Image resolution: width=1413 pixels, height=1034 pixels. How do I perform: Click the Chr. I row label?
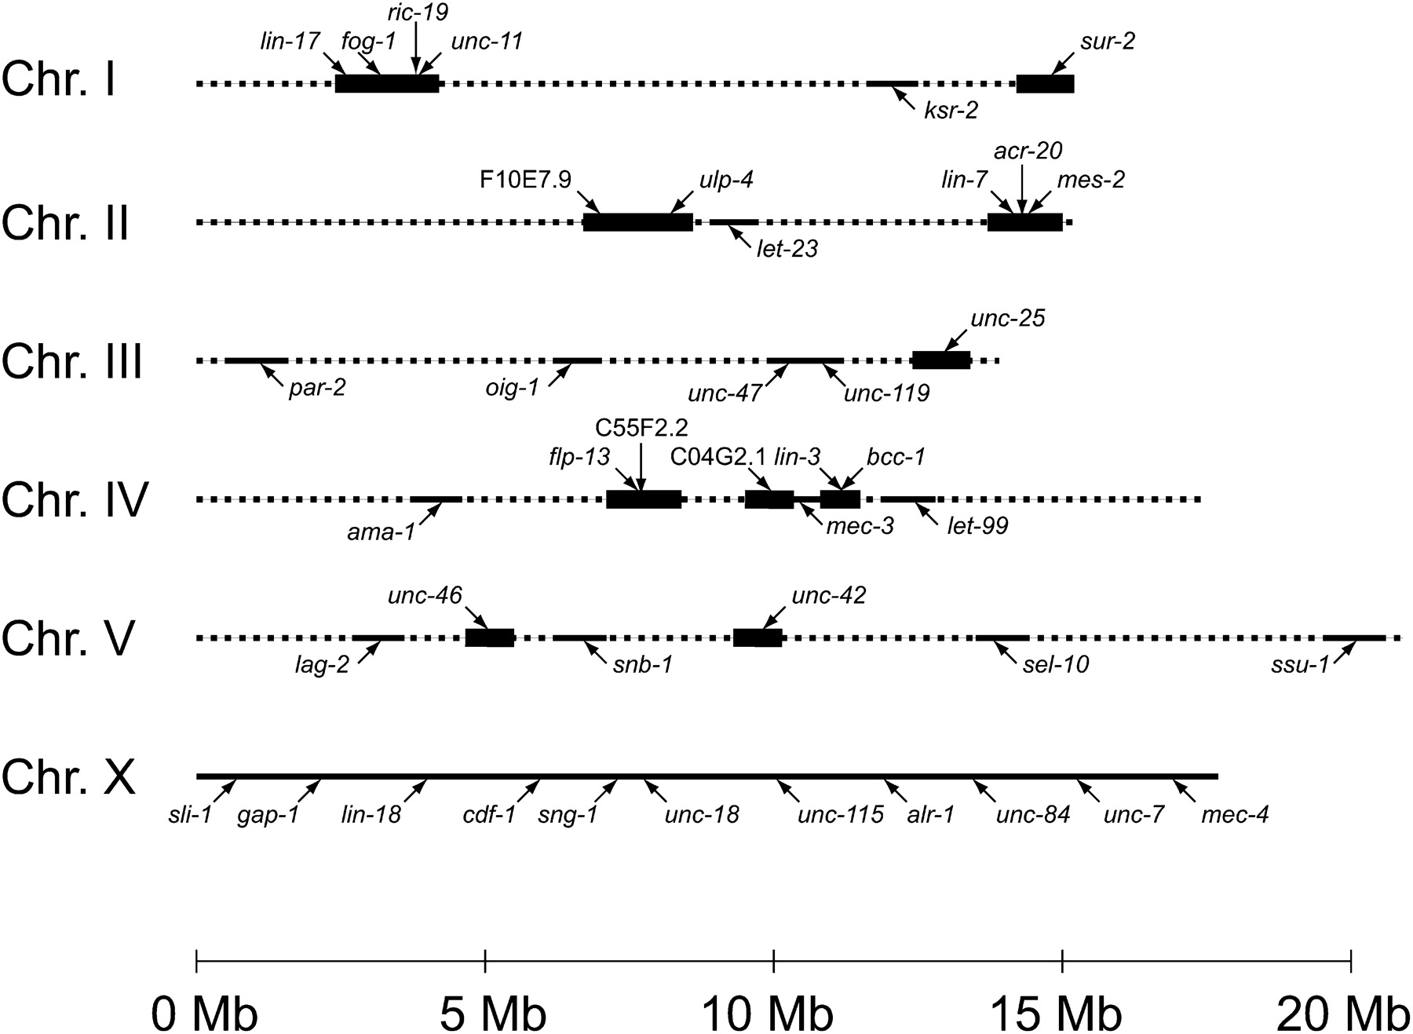59,80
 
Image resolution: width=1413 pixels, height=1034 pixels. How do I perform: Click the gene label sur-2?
1107,42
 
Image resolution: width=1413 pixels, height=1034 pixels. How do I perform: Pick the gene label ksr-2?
951,111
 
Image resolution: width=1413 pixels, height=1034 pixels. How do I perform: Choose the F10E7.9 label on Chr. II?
526,181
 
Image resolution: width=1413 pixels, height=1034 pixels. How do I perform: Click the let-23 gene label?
787,250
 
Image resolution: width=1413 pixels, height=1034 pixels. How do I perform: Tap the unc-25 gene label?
1008,320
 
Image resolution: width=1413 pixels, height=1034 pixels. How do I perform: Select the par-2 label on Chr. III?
317,389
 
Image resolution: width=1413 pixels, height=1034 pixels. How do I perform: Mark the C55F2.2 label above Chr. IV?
641,428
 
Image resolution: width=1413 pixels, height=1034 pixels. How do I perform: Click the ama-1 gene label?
381,533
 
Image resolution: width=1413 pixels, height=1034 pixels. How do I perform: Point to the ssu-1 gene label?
1300,666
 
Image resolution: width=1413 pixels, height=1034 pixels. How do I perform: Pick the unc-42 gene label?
829,596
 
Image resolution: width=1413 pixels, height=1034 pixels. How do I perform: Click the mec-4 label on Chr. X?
1235,815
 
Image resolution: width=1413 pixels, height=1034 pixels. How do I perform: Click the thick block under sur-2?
1045,84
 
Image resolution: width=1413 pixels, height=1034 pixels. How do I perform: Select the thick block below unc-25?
940,360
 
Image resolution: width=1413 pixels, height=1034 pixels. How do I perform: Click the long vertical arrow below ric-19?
416,49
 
